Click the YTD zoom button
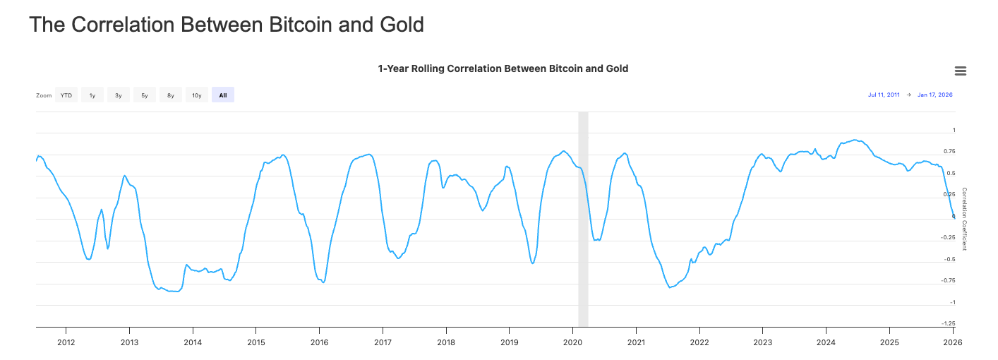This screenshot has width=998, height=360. click(66, 95)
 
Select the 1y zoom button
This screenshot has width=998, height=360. click(92, 95)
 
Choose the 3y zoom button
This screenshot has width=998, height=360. click(119, 95)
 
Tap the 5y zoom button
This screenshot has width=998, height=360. click(145, 95)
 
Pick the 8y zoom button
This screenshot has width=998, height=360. click(171, 95)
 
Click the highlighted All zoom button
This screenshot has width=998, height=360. click(223, 95)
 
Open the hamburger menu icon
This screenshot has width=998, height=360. click(960, 71)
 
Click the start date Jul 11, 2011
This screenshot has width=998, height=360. click(884, 95)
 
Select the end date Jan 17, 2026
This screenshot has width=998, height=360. click(934, 95)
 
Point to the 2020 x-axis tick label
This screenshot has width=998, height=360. click(572, 342)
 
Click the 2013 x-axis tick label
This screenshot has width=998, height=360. click(129, 342)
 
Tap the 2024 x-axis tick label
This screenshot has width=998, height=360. click(826, 342)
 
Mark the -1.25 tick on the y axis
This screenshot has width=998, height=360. click(949, 323)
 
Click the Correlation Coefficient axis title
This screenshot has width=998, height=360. click(964, 219)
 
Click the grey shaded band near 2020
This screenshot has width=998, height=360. click(583, 219)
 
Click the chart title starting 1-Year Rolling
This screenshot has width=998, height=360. click(503, 68)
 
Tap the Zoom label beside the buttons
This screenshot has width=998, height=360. click(44, 95)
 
